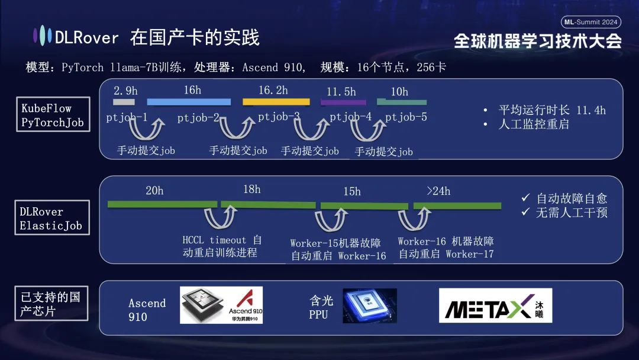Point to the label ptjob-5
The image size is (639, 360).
(x=406, y=117)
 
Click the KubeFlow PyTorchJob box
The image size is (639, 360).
(x=53, y=115)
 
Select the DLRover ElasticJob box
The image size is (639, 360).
(x=52, y=218)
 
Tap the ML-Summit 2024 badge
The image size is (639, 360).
(x=590, y=22)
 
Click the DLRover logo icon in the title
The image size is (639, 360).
(x=42, y=37)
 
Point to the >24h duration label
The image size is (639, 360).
(x=438, y=191)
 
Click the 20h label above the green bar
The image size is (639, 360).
(x=154, y=191)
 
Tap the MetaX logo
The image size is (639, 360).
(x=495, y=306)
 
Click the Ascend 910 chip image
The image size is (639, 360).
(x=221, y=305)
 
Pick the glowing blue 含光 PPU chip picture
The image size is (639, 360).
(x=370, y=306)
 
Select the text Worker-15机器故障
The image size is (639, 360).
(x=335, y=243)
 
